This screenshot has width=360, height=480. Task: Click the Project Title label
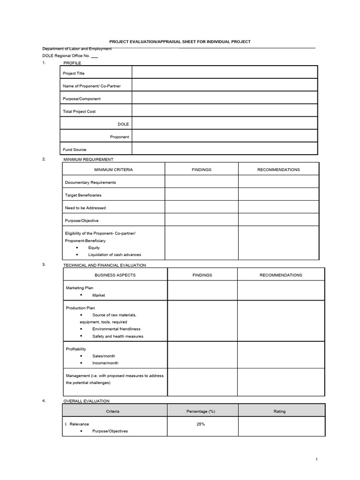(x=74, y=74)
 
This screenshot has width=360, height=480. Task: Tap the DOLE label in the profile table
(x=123, y=124)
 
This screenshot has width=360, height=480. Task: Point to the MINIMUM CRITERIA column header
(x=113, y=170)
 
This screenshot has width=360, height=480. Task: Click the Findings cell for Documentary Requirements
(x=201, y=182)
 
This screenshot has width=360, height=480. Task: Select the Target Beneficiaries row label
(x=83, y=195)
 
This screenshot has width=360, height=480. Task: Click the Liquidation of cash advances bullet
(x=114, y=255)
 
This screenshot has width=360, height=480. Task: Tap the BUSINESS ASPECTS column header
(x=115, y=275)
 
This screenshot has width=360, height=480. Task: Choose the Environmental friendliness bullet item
(x=116, y=329)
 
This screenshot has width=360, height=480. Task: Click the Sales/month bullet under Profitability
(x=104, y=356)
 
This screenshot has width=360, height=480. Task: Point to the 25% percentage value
(x=201, y=424)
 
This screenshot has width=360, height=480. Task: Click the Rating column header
(x=279, y=412)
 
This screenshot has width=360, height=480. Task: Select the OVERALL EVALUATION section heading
(x=86, y=401)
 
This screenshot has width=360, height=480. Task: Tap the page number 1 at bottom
(x=317, y=460)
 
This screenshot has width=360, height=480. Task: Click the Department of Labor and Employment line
(x=77, y=49)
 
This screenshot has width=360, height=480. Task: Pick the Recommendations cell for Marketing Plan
(x=281, y=291)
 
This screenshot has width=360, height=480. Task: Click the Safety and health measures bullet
(x=118, y=337)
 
